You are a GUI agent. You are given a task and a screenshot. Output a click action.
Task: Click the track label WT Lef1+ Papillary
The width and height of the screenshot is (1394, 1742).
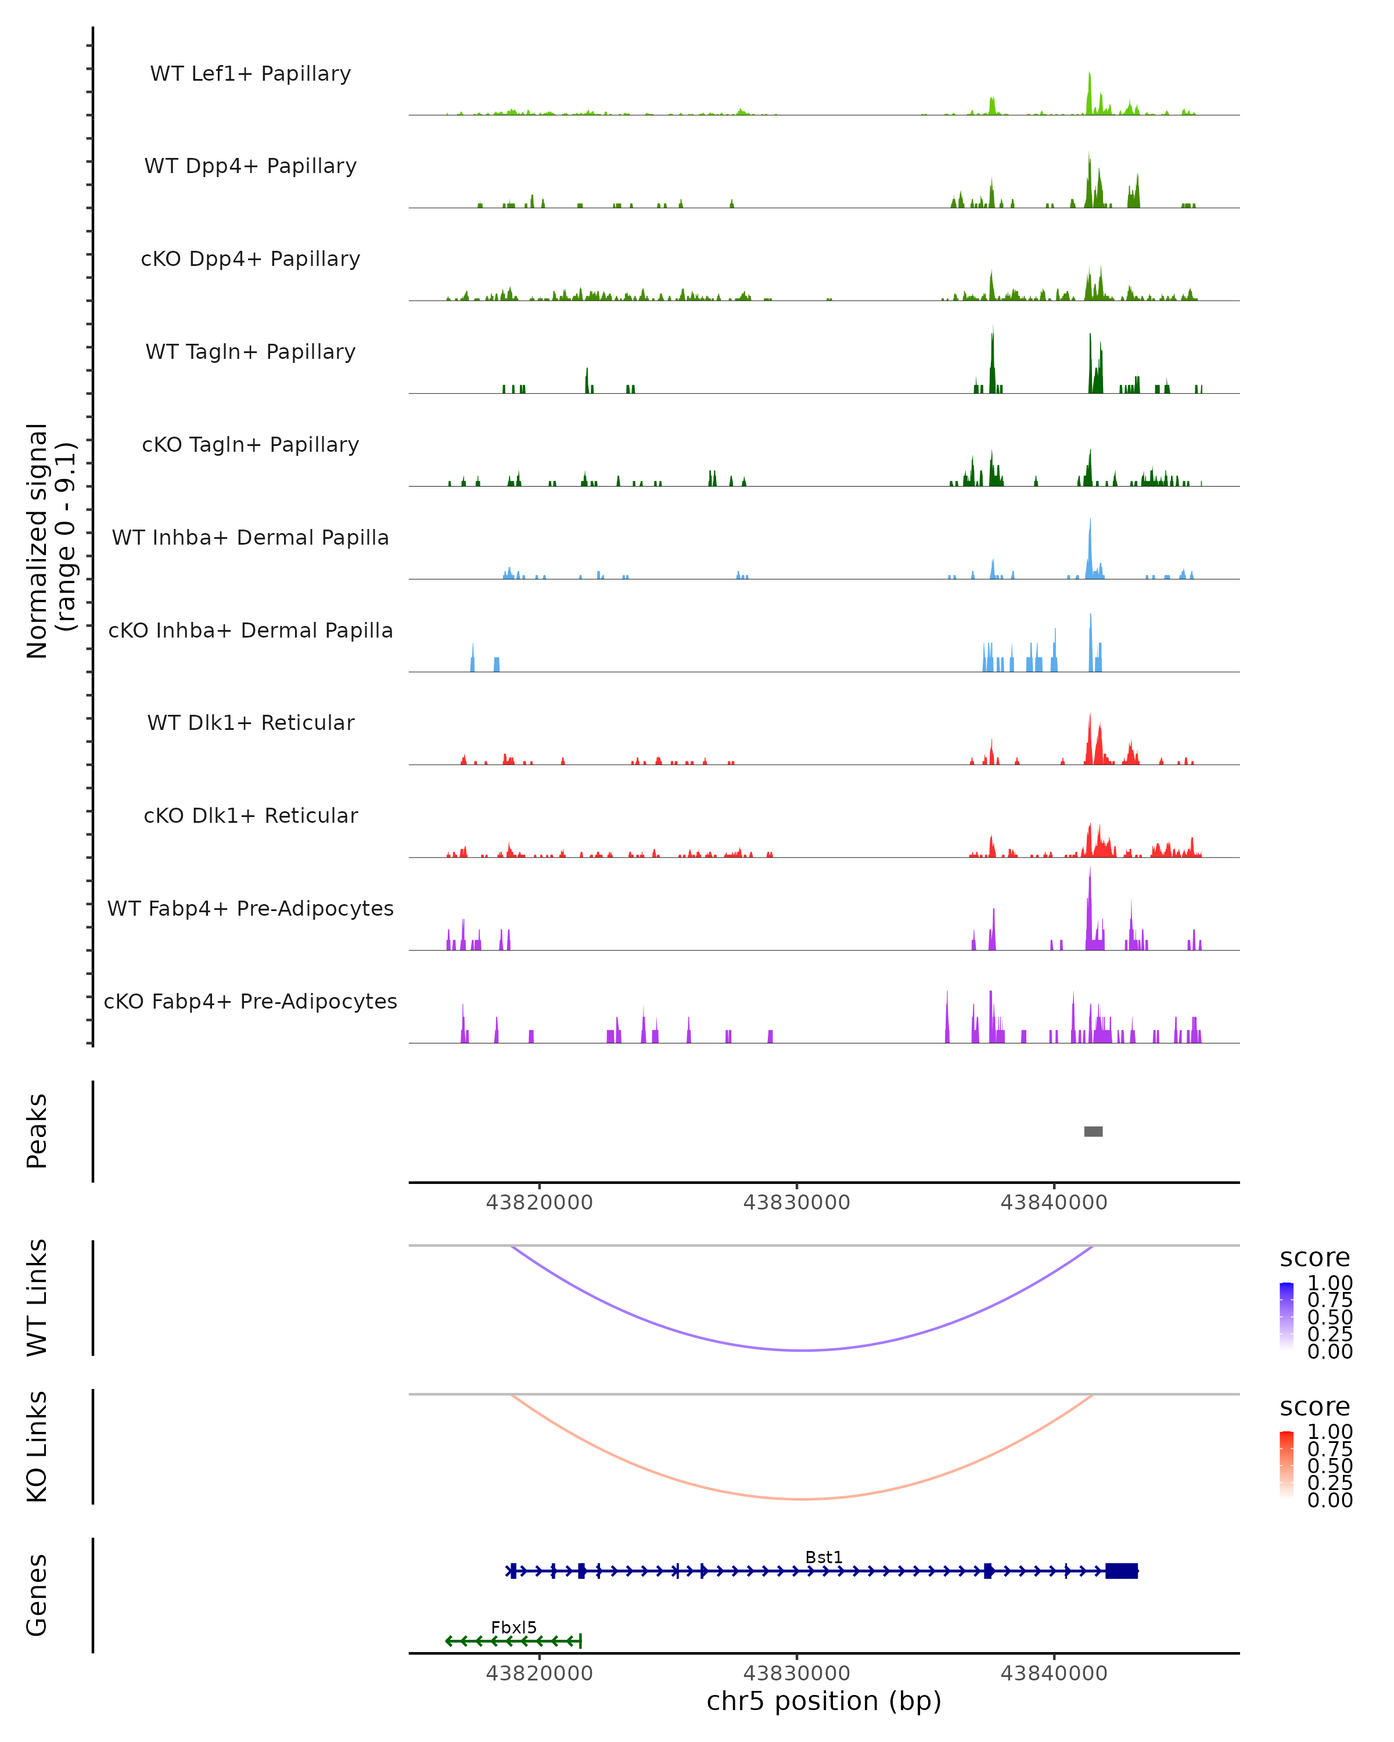click(250, 74)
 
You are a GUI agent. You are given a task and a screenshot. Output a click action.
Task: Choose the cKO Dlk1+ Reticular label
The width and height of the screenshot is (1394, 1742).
click(250, 815)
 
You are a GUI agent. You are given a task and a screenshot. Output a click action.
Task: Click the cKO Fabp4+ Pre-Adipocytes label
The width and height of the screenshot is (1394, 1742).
click(250, 1001)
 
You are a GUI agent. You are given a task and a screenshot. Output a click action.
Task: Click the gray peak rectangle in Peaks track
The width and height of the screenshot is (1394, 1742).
click(1093, 1131)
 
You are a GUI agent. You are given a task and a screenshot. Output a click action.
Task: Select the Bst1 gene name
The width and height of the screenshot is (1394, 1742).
click(824, 1557)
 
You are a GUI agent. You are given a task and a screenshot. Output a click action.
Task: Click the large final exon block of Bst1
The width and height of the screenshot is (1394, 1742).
click(1121, 1571)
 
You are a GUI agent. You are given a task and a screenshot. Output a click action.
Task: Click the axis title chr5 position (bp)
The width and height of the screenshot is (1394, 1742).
click(824, 1701)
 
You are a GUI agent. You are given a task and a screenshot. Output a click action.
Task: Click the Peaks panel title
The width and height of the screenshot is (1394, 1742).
click(37, 1131)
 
